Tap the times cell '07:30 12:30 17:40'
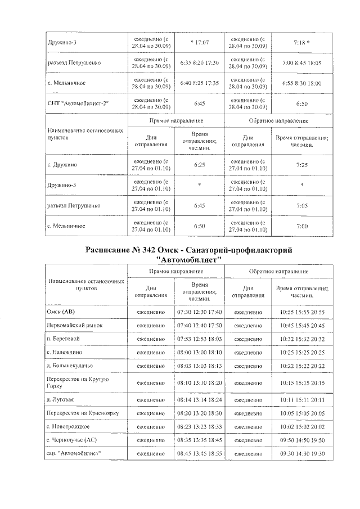[x=200, y=312]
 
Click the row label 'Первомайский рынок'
[x=74, y=325]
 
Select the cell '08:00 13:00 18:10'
[x=200, y=352]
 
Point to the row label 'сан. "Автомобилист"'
[x=74, y=453]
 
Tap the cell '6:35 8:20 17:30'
[x=200, y=62]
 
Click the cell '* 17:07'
[x=200, y=42]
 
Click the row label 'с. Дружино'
[x=62, y=165]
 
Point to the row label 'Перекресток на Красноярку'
[x=83, y=413]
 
